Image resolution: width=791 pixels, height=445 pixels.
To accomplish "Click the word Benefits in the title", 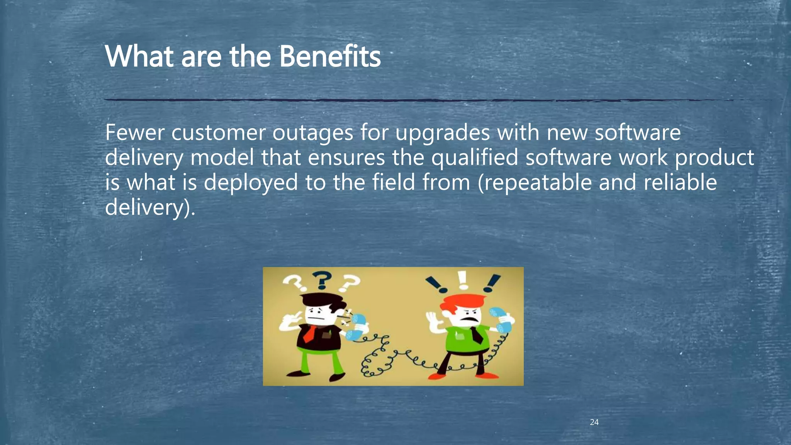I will pos(329,56).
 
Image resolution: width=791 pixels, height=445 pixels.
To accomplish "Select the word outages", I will pos(312,134).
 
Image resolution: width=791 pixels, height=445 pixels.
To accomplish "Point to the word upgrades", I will pos(443,134).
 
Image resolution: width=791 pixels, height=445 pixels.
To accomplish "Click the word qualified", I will pos(474,158).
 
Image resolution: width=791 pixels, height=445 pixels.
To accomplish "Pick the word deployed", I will pos(251,183).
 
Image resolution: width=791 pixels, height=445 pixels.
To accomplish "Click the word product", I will pos(714,158).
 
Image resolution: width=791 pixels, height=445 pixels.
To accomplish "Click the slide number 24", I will pos(594,422).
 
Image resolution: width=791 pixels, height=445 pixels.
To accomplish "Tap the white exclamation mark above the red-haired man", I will pos(463,280).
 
